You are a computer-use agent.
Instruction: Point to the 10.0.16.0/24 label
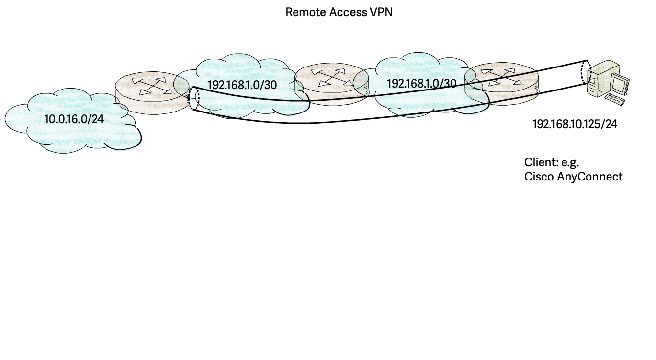(74, 119)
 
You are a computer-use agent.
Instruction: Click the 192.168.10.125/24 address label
(574, 125)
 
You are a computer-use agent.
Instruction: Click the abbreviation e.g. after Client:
(570, 162)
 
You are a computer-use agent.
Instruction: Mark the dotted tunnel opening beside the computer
(585, 72)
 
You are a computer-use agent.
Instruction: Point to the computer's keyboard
(615, 101)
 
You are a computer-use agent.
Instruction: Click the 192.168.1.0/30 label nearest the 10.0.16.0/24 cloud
(242, 85)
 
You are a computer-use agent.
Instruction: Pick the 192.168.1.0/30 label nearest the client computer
(421, 83)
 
